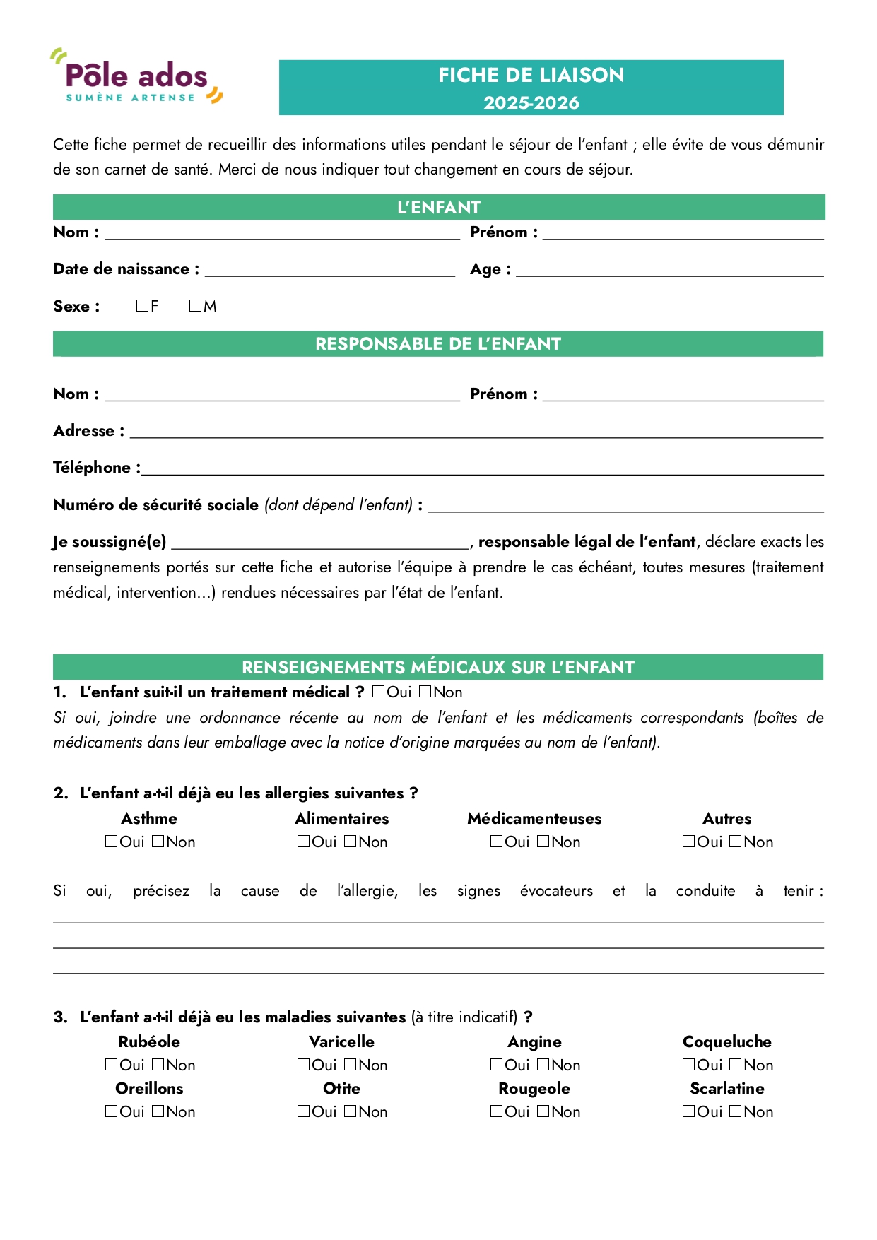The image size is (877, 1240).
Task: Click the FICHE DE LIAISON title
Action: (531, 75)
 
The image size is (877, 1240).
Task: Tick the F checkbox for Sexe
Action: (142, 306)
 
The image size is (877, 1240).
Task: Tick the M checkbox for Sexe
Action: (195, 306)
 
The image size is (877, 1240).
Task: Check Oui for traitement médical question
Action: (379, 692)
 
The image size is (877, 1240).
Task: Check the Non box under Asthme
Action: (158, 842)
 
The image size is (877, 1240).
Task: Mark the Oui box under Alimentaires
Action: (304, 842)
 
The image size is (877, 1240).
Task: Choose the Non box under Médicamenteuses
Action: (543, 842)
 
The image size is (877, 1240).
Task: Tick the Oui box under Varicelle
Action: (304, 1065)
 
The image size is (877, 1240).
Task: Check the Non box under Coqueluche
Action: (736, 1065)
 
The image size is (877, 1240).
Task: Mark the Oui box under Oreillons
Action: (111, 1111)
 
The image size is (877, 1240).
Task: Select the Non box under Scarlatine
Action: (736, 1111)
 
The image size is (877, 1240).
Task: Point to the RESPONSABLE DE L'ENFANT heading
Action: (438, 344)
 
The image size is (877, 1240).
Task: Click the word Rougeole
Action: (534, 1089)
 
